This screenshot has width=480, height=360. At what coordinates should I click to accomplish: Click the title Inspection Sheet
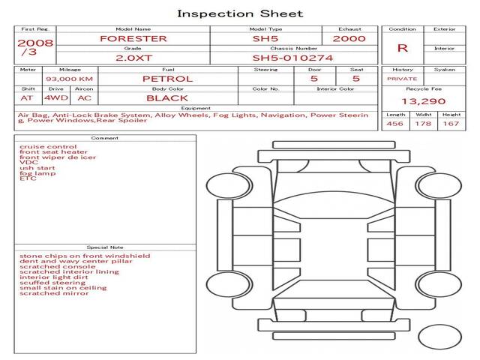240,13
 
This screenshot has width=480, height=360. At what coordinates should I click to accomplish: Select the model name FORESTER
133,39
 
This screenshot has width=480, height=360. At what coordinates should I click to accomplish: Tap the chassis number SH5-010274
292,58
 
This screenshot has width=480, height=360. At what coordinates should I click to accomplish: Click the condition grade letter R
402,48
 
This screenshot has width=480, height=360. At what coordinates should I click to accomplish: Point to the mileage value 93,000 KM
70,79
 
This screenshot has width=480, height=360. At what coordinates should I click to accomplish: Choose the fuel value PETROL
168,79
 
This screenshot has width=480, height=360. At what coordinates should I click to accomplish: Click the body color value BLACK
167,98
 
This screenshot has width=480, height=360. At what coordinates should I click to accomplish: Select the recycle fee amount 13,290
423,101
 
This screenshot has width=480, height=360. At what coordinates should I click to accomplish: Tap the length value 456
394,124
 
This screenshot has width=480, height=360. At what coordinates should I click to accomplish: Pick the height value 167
451,124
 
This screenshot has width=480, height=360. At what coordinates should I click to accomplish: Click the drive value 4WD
56,98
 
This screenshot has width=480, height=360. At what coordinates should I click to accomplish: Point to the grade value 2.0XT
133,58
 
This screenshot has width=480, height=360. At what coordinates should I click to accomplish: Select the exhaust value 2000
349,39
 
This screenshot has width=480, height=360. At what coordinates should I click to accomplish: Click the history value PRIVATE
402,79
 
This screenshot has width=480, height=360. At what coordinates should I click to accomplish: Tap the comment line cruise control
48,147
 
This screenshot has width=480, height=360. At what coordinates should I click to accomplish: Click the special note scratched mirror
54,293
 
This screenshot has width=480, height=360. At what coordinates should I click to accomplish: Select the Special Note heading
105,247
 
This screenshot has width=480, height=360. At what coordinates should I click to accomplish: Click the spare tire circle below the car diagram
440,337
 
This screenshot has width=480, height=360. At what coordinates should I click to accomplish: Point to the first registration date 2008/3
35,47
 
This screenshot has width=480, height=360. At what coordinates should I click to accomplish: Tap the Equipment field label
196,108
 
